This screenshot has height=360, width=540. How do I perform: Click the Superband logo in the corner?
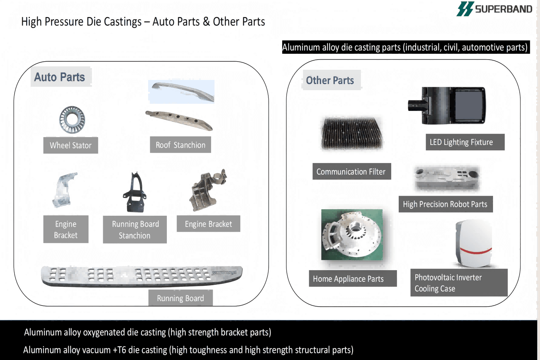(x=494, y=9)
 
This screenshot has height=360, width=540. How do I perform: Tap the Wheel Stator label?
(x=70, y=145)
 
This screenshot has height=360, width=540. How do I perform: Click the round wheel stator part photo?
(x=72, y=119)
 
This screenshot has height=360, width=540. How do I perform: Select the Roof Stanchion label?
(x=180, y=145)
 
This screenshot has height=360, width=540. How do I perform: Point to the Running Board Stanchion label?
(x=135, y=230)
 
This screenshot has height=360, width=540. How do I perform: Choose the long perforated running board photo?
(x=142, y=275)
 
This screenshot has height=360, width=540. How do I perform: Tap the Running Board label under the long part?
(x=180, y=298)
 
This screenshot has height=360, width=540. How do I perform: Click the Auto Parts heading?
(x=60, y=77)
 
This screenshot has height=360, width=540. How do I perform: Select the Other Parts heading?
(x=330, y=80)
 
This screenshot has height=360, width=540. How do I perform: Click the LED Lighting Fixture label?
(x=461, y=142)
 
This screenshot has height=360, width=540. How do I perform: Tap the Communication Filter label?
(x=351, y=171)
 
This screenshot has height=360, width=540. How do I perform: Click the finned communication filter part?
(x=352, y=133)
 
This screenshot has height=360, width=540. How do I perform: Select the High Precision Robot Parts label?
(x=445, y=204)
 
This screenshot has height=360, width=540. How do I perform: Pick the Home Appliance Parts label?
(x=348, y=279)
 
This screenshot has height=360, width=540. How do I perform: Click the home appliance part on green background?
(x=352, y=235)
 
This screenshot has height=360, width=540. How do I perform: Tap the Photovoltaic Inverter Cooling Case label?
(x=448, y=283)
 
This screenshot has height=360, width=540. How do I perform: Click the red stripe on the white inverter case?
(x=476, y=252)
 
